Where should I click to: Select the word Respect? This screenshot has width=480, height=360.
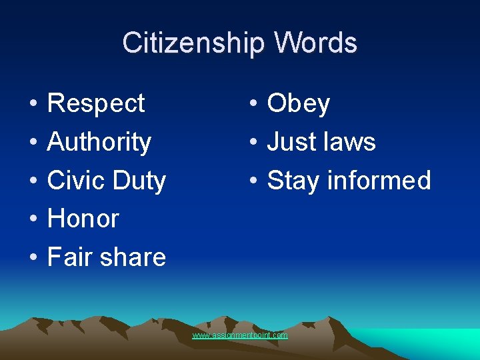[96, 104]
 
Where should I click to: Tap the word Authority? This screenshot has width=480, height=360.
[99, 143]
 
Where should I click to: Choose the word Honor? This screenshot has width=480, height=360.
[83, 219]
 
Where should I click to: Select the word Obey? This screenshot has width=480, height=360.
[298, 104]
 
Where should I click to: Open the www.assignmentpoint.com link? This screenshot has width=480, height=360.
[240, 335]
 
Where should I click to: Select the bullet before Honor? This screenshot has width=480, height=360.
[32, 219]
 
